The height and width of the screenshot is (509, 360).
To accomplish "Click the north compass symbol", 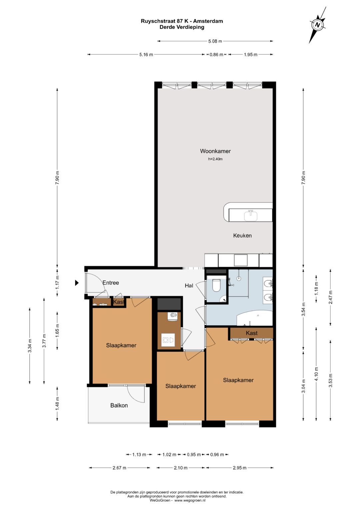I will (318, 25).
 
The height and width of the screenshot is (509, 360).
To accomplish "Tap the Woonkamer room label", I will (215, 151).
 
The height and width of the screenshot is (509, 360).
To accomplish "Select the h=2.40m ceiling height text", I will (215, 159).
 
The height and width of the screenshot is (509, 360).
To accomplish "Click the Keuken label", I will (242, 235).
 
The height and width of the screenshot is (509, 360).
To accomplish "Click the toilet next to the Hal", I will (216, 285).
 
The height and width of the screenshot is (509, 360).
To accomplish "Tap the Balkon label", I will (119, 405).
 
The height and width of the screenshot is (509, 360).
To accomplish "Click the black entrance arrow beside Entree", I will (77, 283).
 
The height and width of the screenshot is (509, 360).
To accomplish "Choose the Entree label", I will (111, 283).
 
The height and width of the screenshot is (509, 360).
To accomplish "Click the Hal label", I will (189, 286).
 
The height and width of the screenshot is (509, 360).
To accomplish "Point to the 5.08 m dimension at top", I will (215, 41).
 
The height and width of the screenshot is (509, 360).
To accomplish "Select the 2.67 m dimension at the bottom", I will (119, 468).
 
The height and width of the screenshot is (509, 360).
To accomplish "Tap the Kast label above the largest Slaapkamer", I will (252, 333).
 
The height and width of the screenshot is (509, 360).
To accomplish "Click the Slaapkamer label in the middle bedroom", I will (181, 386).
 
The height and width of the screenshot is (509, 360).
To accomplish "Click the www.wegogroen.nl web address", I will (190, 500).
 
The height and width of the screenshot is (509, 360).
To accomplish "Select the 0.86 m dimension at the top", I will (216, 55).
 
